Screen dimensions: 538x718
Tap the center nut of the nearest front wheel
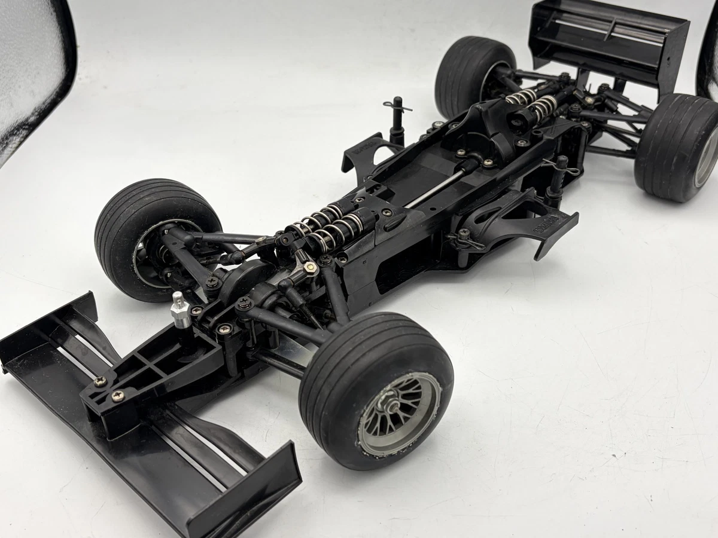[x=395, y=407]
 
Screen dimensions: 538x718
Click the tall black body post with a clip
[x=396, y=120]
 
